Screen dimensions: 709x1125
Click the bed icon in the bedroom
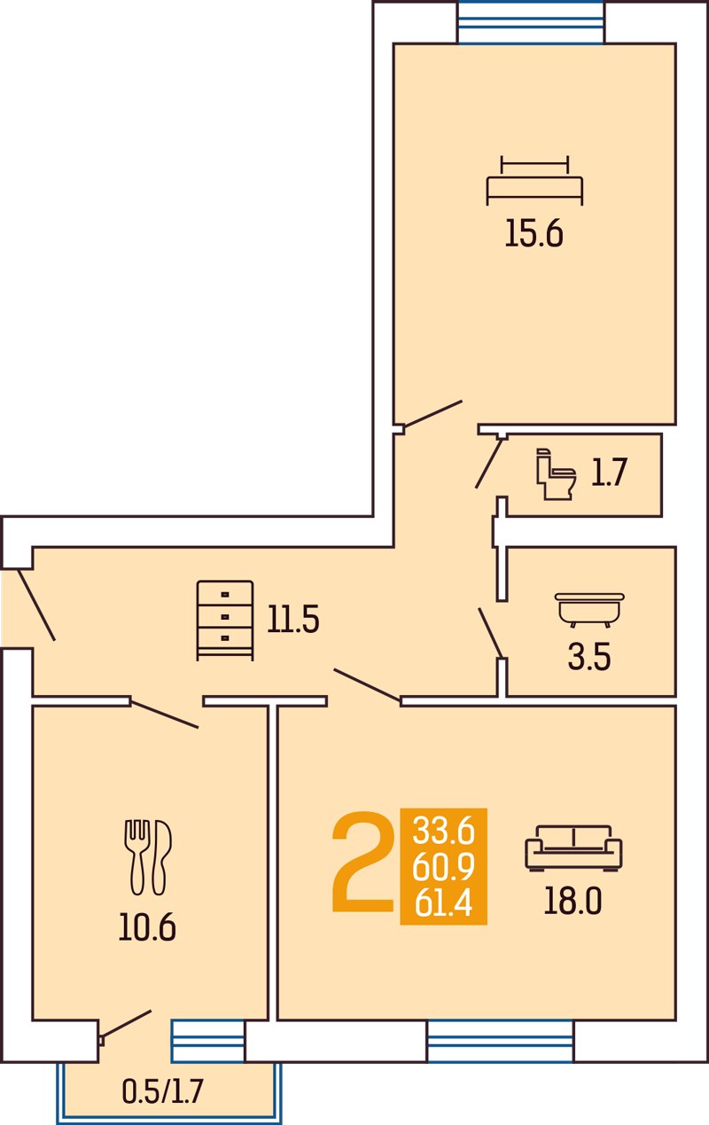pyautogui.click(x=534, y=180)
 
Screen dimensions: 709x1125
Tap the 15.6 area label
pyautogui.click(x=534, y=234)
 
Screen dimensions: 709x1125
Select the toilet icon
pyautogui.click(x=556, y=474)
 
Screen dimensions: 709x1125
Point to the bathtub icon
pyautogui.click(x=589, y=610)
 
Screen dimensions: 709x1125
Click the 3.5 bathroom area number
pyautogui.click(x=589, y=658)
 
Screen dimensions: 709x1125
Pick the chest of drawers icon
pyautogui.click(x=225, y=621)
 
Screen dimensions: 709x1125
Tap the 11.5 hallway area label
pyautogui.click(x=293, y=620)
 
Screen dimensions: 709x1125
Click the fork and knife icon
pyautogui.click(x=148, y=857)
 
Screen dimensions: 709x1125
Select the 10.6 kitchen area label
pyautogui.click(x=147, y=926)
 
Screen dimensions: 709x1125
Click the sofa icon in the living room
pyautogui.click(x=573, y=848)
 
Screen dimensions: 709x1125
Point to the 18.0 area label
pyautogui.click(x=573, y=901)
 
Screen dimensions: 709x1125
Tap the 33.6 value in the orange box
pyautogui.click(x=443, y=830)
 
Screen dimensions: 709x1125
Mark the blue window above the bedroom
pyautogui.click(x=531, y=22)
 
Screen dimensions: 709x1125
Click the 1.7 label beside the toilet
pyautogui.click(x=609, y=473)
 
